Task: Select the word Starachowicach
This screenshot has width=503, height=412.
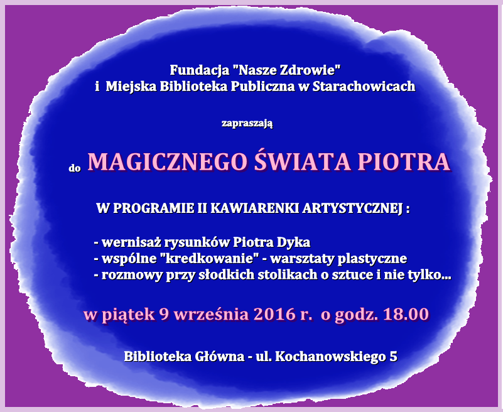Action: tap(364, 86)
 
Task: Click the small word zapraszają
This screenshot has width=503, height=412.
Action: tap(247, 123)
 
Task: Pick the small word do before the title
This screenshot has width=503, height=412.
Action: tap(75, 168)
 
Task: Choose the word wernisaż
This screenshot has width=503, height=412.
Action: tap(131, 242)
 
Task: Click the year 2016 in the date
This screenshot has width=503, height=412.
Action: tap(274, 314)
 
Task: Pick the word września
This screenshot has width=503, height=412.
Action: tap(212, 314)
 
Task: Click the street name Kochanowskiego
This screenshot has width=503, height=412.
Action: tap(330, 357)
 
